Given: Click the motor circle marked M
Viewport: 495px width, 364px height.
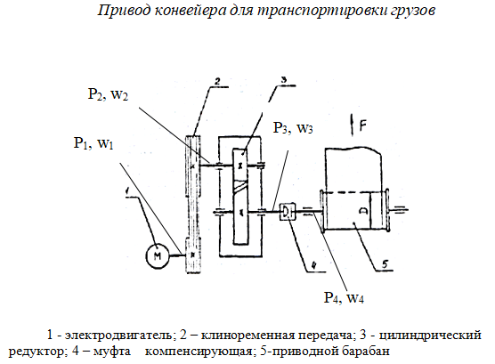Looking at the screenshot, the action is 158,255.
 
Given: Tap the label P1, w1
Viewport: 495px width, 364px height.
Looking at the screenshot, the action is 93,143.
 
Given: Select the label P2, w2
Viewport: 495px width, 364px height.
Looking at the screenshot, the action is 108,94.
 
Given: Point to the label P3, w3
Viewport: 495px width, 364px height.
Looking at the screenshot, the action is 293,128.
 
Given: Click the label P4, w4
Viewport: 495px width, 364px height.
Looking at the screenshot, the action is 344,297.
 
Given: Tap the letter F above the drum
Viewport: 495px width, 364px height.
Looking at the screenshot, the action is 363,126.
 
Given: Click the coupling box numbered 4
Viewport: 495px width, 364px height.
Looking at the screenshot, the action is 288,211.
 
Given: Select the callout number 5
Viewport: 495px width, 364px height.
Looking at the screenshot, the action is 385,263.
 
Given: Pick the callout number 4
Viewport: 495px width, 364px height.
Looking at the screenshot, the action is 313,265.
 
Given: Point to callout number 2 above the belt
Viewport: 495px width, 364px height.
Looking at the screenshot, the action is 217,82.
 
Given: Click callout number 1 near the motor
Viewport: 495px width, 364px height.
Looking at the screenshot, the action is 127,190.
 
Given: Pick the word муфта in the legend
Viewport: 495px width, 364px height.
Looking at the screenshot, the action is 112,351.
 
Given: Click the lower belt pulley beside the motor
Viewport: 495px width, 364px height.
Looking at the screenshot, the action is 193,255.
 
